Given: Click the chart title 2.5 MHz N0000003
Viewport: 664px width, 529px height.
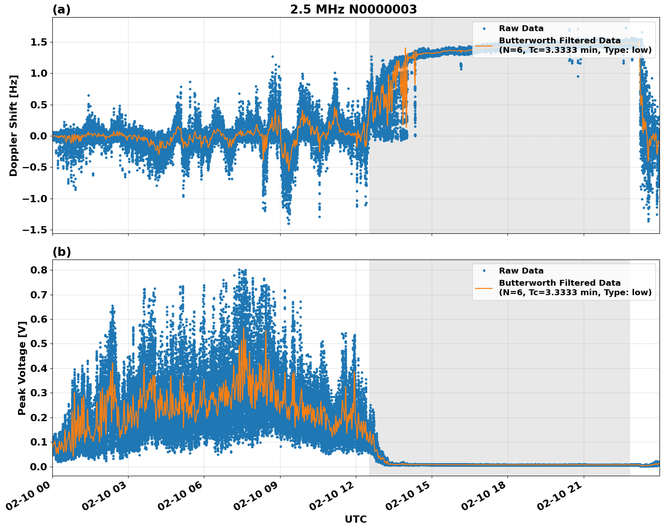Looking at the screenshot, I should [353, 9].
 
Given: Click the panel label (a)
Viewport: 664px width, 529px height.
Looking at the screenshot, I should [61, 9].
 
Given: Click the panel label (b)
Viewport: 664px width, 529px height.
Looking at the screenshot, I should [61, 252].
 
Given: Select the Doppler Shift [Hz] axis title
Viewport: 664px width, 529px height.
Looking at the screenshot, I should [14, 125].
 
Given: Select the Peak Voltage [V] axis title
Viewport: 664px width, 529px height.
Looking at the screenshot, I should [22, 368].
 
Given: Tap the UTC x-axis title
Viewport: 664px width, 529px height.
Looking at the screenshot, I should [355, 519].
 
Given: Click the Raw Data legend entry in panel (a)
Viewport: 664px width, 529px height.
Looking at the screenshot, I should [521, 28].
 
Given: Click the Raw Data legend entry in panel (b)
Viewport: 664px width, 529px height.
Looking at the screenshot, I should [521, 271].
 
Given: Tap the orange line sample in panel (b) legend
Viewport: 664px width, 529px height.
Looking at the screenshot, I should [484, 288].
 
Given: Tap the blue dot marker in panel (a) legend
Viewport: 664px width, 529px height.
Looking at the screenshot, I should [484, 28].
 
